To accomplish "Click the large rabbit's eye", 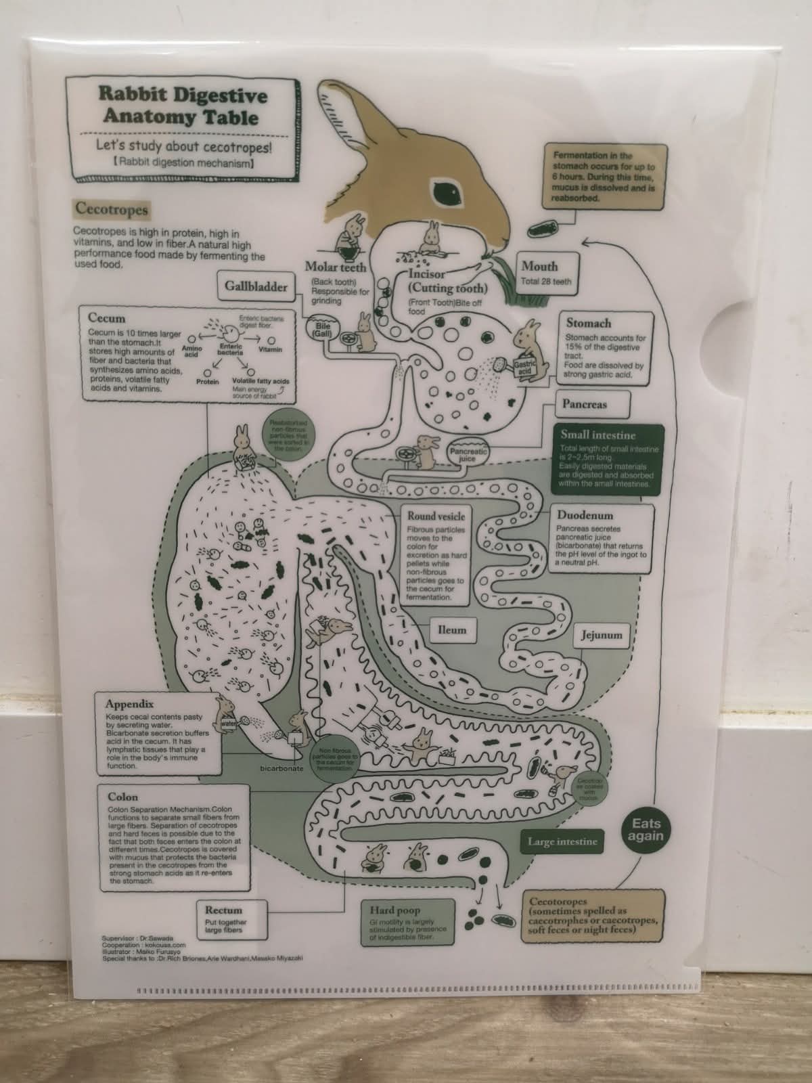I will (x=447, y=194).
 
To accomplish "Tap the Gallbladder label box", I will (x=256, y=286).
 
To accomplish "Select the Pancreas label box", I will (x=585, y=404).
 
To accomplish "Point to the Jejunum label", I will (x=601, y=636).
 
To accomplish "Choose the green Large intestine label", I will (x=562, y=841).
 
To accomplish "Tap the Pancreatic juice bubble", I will (x=468, y=454).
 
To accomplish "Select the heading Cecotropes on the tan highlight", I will (x=111, y=209).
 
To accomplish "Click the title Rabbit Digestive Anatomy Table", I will (x=182, y=106).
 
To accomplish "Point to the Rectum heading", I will (x=223, y=910).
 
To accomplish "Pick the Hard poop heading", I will (x=395, y=910).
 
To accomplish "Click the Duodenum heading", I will (x=585, y=515).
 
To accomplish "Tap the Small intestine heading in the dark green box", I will (x=597, y=435).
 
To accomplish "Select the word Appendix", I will (x=129, y=704).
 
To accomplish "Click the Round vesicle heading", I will (x=436, y=516).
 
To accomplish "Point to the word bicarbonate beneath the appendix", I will (x=282, y=769).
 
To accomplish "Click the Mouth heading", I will (x=539, y=266).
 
